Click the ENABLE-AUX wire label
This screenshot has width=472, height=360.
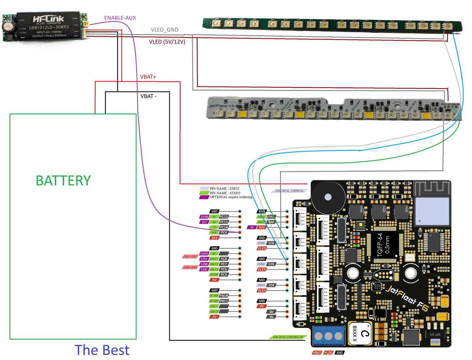click(120, 18)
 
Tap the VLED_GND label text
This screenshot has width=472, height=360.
click(164, 30)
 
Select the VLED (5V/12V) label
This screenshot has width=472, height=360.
click(167, 42)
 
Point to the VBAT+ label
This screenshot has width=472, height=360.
click(148, 77)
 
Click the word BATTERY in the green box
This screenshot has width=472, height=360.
click(63, 181)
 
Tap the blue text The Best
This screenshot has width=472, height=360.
click(102, 350)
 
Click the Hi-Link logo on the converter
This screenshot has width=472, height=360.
click(49, 19)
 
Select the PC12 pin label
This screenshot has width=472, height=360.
click(224, 217)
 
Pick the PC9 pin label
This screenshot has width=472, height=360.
click(224, 232)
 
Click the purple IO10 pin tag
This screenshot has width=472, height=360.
click(204, 217)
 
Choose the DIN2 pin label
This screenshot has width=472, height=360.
click(261, 264)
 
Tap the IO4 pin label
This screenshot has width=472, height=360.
click(271, 285)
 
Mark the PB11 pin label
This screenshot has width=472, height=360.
click(224, 301)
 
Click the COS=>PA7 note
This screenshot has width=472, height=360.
click(190, 257)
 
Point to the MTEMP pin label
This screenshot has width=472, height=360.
click(214, 275)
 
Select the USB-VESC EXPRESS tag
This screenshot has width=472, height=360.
click(289, 191)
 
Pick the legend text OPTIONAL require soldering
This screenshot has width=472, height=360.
click(231, 197)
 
